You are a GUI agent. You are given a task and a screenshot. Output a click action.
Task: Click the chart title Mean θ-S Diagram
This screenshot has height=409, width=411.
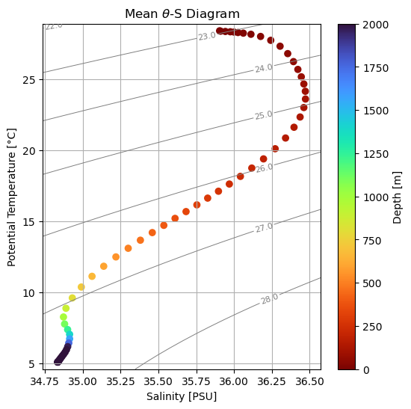click(x=182, y=14)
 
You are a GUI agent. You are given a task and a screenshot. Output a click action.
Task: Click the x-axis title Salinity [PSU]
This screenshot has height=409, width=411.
click(x=182, y=396)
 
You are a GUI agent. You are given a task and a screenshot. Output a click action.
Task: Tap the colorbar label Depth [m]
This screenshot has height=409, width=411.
click(x=398, y=197)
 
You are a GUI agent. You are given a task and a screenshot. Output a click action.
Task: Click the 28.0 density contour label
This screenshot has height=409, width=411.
click(x=270, y=298)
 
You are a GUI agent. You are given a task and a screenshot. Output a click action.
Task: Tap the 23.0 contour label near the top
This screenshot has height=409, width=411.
click(x=207, y=36)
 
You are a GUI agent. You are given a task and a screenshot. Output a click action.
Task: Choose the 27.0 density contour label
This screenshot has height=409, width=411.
click(x=265, y=227)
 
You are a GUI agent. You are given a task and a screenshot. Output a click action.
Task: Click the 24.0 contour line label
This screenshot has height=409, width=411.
click(x=264, y=68)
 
